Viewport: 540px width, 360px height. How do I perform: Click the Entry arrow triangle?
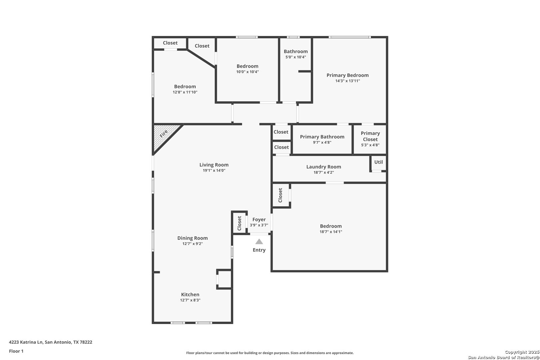259,242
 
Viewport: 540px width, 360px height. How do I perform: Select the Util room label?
378,162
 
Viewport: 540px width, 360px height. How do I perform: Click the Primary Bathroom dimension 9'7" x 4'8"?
322,143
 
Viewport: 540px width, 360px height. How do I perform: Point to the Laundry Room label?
324,167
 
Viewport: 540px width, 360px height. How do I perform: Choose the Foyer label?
259,220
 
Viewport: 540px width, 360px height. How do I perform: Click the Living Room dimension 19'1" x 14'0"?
214,170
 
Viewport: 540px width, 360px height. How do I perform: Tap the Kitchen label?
190,295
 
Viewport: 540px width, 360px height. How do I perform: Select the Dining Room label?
192,238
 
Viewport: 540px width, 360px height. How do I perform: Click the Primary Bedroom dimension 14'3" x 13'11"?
348,81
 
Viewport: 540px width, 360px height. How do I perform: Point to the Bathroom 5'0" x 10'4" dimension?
296,57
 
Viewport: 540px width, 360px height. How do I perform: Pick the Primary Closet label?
370,136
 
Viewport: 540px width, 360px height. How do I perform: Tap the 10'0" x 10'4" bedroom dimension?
247,72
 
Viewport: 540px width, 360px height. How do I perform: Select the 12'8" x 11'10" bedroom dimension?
185,92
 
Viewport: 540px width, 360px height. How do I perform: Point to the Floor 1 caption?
16,351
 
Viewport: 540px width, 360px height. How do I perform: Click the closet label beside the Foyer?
239,223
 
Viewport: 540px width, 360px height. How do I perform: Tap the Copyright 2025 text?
522,352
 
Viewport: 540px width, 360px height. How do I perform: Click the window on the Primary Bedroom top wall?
350,37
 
